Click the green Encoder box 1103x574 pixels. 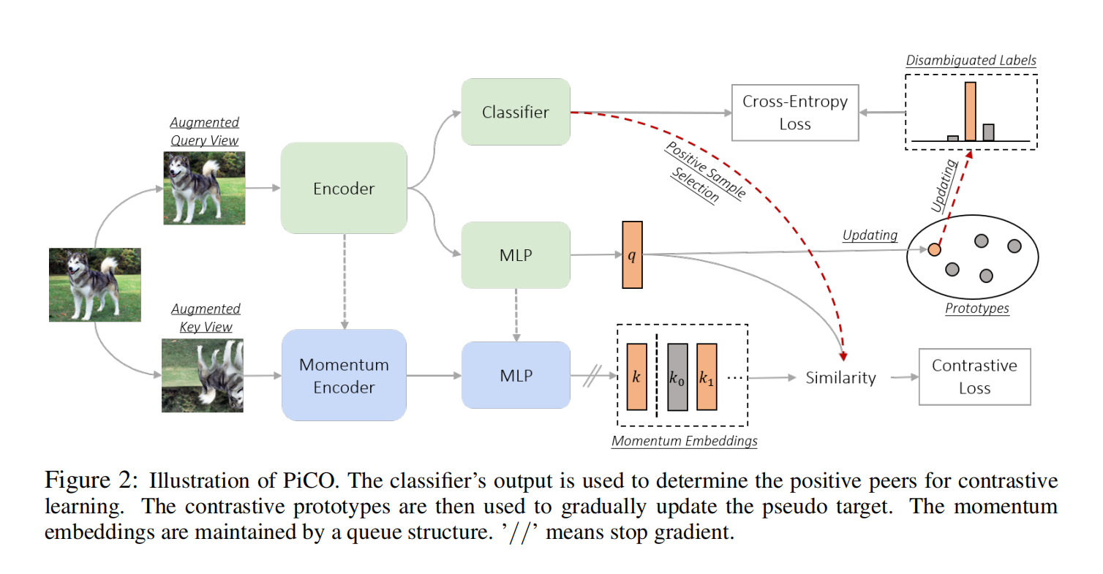(343, 189)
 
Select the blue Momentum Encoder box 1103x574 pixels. (343, 375)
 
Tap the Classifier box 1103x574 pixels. (515, 112)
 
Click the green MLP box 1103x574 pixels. (515, 255)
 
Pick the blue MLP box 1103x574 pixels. (515, 375)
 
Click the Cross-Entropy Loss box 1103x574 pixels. (794, 112)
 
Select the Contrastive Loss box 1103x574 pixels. (974, 376)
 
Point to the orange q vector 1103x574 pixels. (632, 254)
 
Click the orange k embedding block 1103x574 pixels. (636, 376)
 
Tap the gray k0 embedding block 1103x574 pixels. (677, 376)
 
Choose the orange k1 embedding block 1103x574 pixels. (707, 376)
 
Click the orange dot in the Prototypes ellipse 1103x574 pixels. (934, 249)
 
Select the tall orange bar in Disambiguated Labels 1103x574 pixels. (970, 111)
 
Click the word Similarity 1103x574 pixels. (840, 377)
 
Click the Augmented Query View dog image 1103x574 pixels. (203, 187)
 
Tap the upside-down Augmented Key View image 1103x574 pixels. (203, 375)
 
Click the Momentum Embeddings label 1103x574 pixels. (684, 441)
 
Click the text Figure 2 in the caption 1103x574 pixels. (90, 481)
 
